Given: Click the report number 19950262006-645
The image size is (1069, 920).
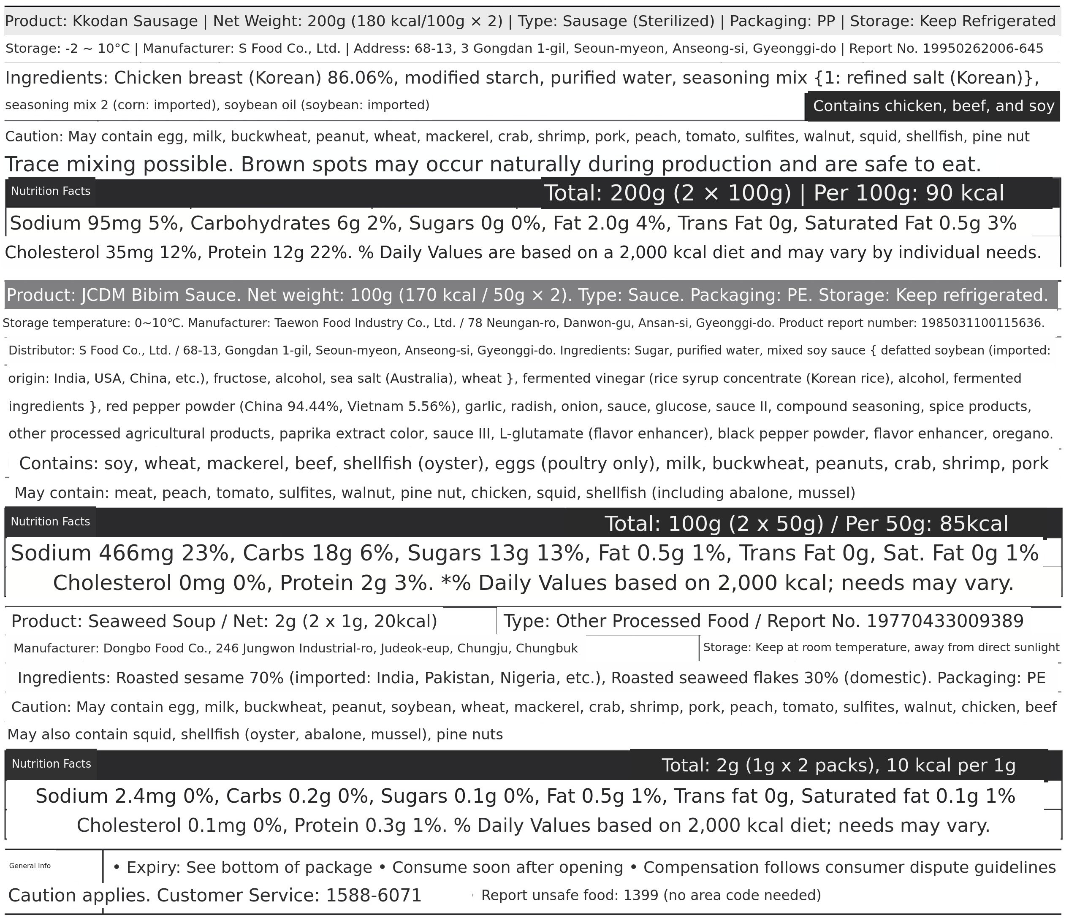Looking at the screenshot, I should [982, 49].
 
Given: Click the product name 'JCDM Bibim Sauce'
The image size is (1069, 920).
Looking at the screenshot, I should [161, 295].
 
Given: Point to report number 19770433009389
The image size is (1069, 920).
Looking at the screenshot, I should [944, 621].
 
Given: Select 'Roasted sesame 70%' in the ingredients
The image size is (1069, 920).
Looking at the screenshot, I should [199, 678].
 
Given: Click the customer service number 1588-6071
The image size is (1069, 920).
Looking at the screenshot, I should [374, 895].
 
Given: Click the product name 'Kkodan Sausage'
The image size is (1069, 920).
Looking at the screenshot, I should [135, 22].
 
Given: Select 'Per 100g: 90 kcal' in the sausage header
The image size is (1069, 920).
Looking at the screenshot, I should [909, 193].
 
